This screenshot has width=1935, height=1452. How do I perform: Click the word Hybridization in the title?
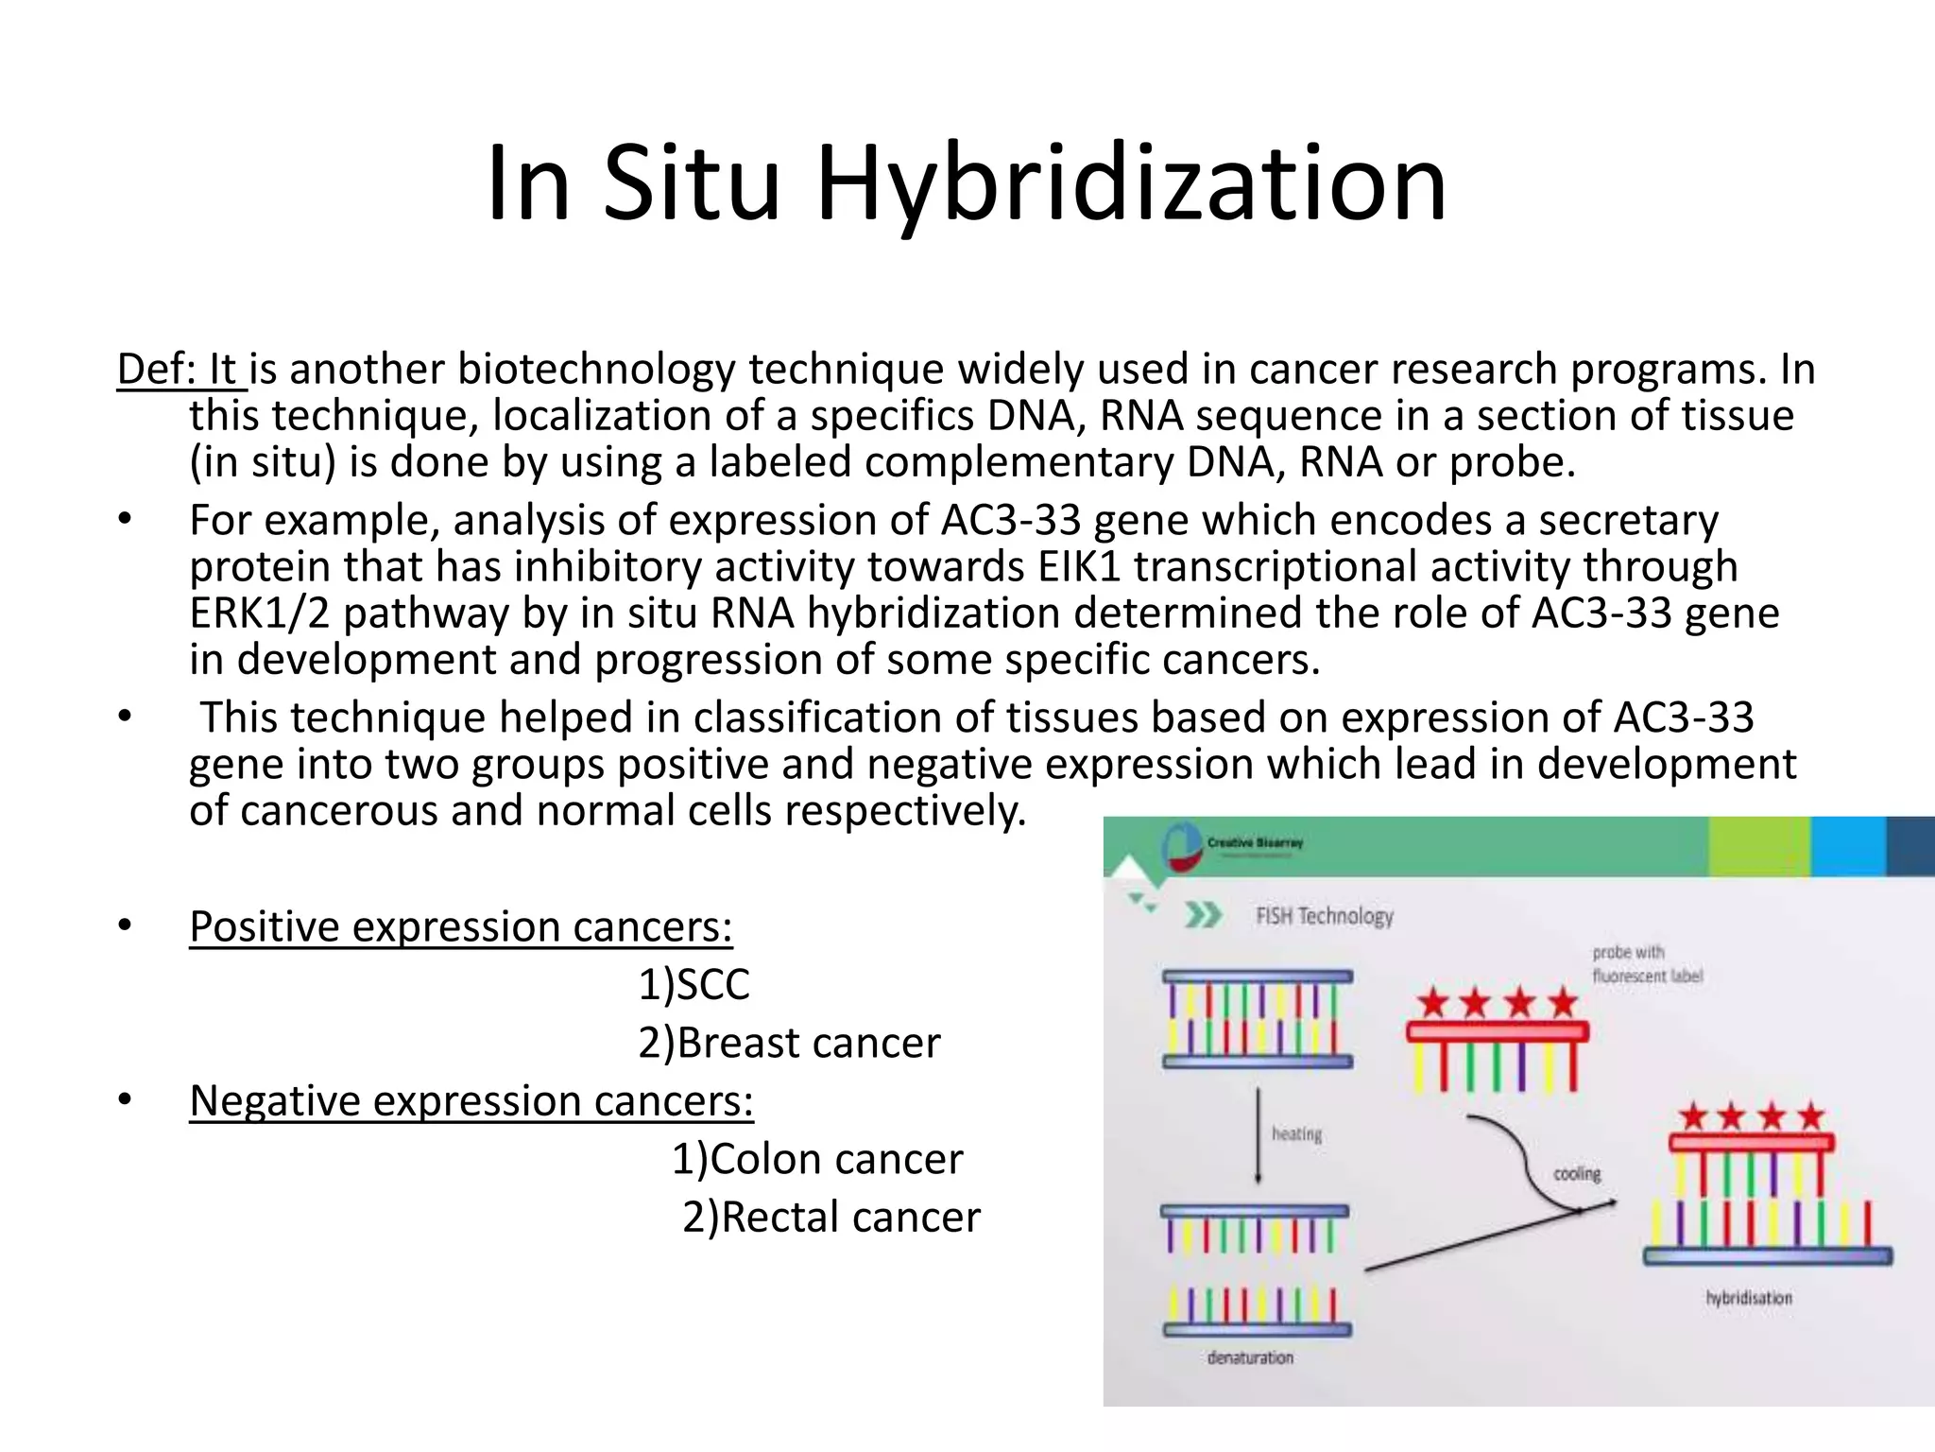point(1131,184)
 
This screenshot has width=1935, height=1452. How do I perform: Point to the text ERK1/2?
point(259,613)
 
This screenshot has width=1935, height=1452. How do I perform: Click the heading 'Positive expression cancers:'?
point(460,926)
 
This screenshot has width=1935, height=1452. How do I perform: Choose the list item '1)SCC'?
point(694,984)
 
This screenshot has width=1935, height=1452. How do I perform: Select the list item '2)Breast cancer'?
point(789,1043)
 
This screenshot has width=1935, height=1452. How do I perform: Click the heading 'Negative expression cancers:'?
point(471,1100)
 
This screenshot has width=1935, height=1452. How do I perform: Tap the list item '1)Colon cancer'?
point(817,1159)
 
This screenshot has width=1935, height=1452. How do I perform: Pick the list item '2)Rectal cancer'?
point(831,1217)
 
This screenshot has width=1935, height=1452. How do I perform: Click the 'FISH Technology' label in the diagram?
point(1324,916)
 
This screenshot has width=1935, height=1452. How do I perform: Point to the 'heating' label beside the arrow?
point(1296,1133)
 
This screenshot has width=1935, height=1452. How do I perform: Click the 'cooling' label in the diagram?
point(1577,1174)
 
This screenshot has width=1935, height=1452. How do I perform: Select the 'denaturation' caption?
point(1250,1357)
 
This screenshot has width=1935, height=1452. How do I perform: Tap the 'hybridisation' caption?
point(1748,1298)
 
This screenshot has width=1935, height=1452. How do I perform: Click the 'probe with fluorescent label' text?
point(1647,964)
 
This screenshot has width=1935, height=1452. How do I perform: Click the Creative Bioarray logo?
point(1186,845)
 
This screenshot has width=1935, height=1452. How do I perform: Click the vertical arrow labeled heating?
point(1258,1134)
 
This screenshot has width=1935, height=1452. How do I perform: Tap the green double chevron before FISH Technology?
point(1203,915)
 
